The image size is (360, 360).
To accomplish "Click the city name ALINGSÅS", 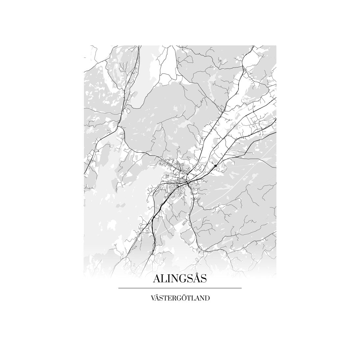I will pos(180,279).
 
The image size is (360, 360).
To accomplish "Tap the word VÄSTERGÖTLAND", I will pos(180,298).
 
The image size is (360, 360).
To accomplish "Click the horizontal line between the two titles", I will pos(180,288).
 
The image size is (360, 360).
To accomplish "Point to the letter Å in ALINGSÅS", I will pos(195,279).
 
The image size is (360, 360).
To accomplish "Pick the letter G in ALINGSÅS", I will pos(181,279).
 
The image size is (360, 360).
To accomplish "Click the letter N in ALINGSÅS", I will pos(174,279).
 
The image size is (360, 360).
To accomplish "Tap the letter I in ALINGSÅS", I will pos(168,279).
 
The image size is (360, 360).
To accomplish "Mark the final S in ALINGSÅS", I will pos(203,279).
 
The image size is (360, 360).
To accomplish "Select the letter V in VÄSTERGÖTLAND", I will pos(153,299).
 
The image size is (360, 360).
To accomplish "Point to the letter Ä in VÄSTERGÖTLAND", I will pos(157,298).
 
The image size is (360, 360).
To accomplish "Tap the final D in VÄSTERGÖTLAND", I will pos(207,299).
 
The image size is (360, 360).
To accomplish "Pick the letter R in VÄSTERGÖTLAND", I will pos(175,299).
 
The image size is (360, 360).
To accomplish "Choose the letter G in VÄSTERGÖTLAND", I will pos(180,299).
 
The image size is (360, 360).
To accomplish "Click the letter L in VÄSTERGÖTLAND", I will pos(193,299).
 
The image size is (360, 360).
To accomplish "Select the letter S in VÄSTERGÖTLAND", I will pos(162,299).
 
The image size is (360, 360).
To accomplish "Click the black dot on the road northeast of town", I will pos(215,166).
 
